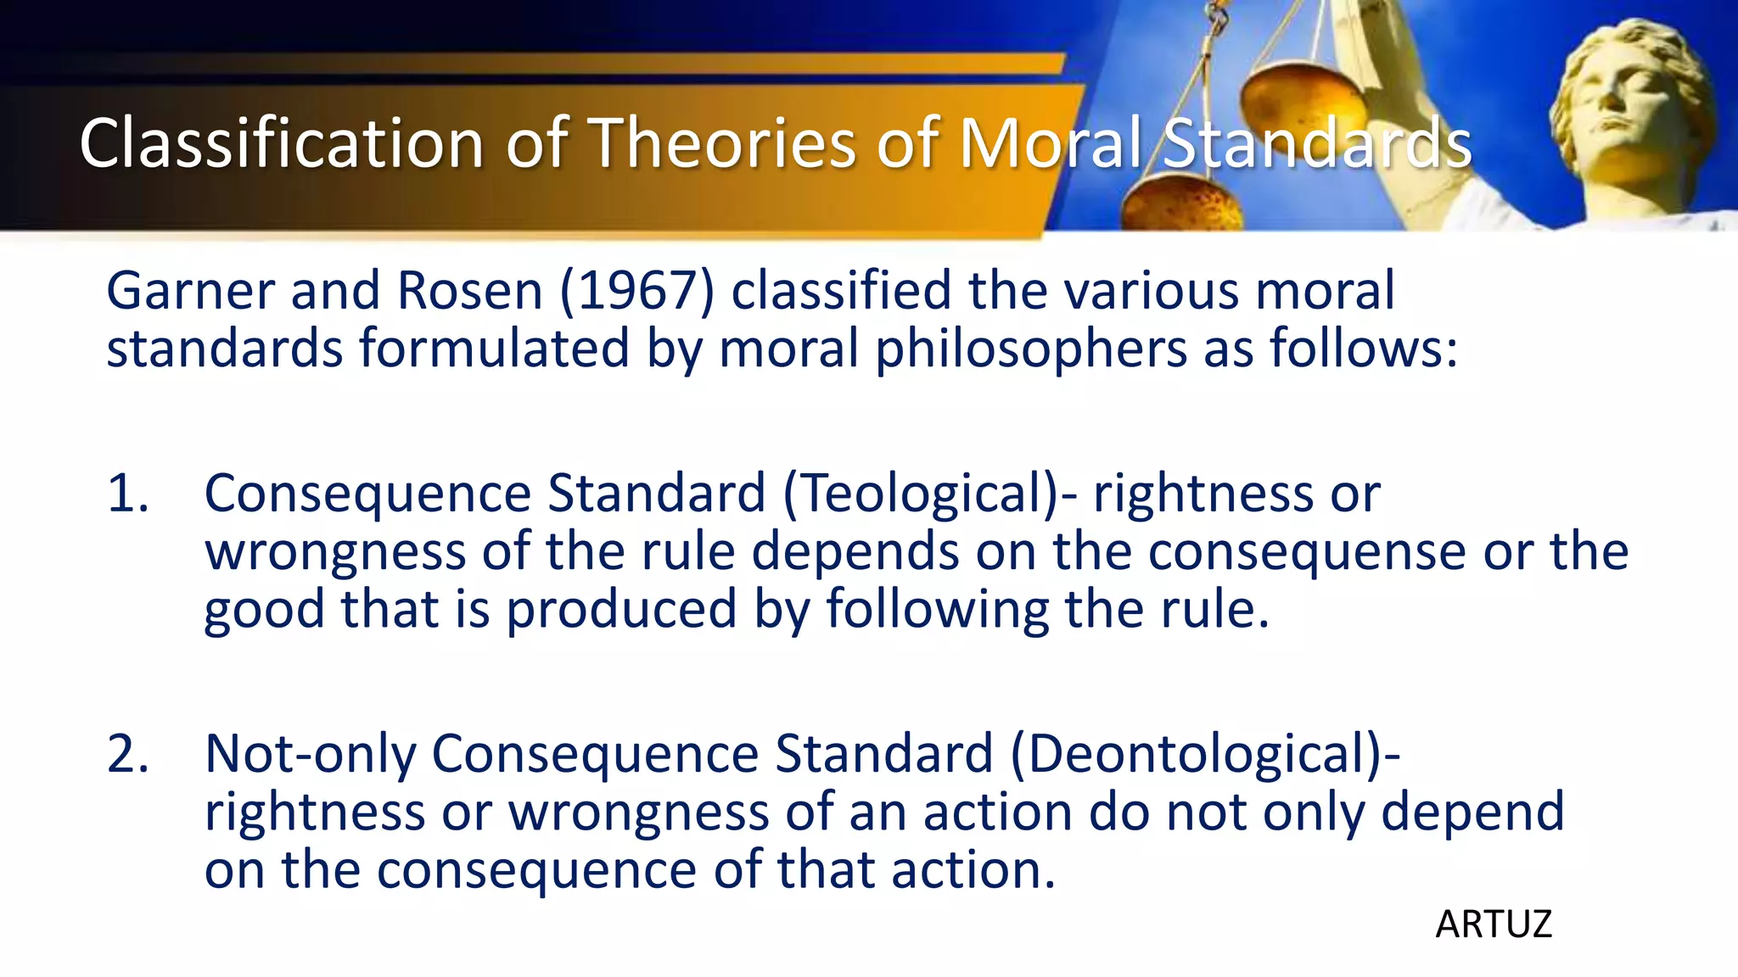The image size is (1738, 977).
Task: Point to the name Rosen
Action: point(469,291)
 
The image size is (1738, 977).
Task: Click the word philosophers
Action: point(1030,349)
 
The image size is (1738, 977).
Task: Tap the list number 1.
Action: point(127,494)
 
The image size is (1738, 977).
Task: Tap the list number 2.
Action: point(127,754)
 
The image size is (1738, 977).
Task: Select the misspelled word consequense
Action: point(1307,552)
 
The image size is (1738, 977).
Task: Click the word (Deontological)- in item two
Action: point(1205,754)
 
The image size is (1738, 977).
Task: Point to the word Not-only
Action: point(311,754)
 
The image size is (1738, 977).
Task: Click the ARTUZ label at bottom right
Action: point(1494,924)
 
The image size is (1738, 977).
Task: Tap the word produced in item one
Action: point(621,610)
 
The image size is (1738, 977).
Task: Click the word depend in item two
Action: point(1472,812)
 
